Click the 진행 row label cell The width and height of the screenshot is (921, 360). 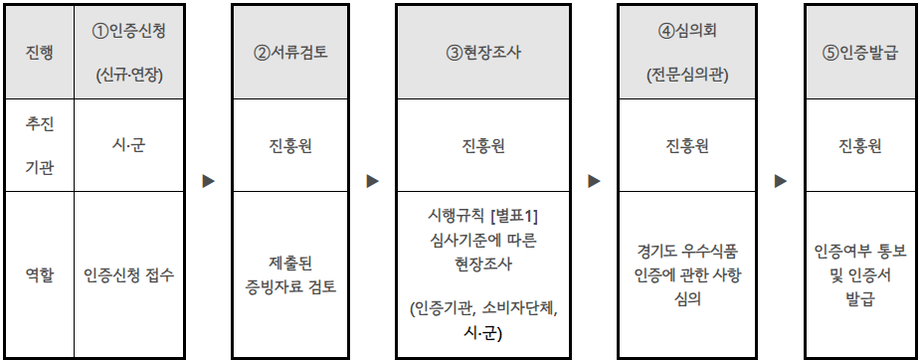click(37, 53)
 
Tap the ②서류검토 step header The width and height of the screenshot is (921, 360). click(291, 53)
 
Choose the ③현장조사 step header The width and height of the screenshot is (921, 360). click(484, 53)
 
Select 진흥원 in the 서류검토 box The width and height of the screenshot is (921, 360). click(291, 146)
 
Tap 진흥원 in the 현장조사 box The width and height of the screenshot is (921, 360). click(484, 146)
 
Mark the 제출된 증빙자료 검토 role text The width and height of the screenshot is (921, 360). click(291, 275)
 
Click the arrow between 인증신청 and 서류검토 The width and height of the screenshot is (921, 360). click(209, 182)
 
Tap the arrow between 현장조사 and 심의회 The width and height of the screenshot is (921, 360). click(595, 182)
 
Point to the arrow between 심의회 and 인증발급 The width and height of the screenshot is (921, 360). click(781, 182)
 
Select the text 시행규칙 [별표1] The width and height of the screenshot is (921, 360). click(484, 216)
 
